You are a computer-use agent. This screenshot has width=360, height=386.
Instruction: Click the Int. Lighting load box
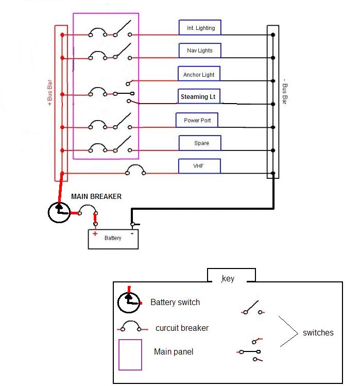pyautogui.click(x=200, y=27)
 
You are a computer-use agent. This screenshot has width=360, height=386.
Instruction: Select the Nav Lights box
pyautogui.click(x=200, y=51)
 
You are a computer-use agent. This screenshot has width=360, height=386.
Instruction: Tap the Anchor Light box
pyautogui.click(x=199, y=74)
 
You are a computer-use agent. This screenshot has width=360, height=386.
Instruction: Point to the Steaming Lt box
pyautogui.click(x=199, y=96)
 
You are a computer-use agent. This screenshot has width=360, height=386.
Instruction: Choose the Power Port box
pyautogui.click(x=197, y=120)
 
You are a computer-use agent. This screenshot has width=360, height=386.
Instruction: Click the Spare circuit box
pyautogui.click(x=200, y=143)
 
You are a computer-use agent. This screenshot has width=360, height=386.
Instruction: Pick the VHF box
pyautogui.click(x=199, y=166)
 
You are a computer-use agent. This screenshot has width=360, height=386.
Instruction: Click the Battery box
pyautogui.click(x=113, y=239)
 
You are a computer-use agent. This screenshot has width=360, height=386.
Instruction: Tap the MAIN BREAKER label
pyautogui.click(x=96, y=196)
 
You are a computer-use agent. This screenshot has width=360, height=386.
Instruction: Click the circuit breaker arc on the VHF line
pyautogui.click(x=135, y=165)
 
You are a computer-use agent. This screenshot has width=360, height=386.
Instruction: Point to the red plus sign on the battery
pyautogui.click(x=95, y=233)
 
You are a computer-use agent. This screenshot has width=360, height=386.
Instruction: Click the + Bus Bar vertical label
pyautogui.click(x=50, y=93)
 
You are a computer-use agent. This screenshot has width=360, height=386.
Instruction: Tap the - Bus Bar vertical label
pyautogui.click(x=285, y=91)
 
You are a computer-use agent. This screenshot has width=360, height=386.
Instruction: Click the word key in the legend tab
pyautogui.click(x=228, y=279)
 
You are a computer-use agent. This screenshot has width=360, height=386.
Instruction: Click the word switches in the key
pyautogui.click(x=318, y=332)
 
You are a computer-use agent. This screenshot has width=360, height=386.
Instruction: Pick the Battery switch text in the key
pyautogui.click(x=175, y=302)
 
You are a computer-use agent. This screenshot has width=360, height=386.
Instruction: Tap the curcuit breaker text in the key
pyautogui.click(x=182, y=328)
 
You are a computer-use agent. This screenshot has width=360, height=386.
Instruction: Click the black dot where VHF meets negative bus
pyautogui.click(x=273, y=173)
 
